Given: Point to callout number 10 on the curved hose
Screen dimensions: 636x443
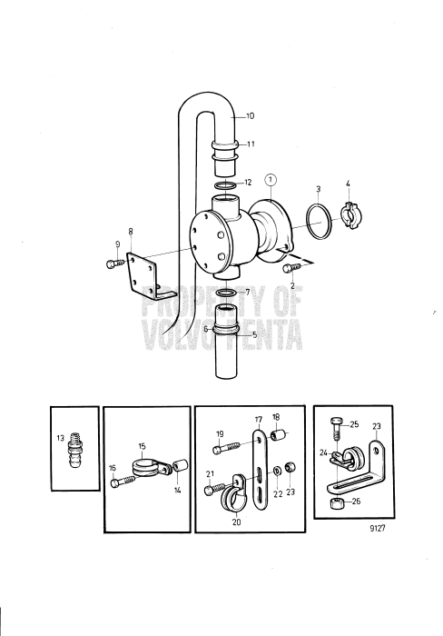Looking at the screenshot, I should tap(251, 116).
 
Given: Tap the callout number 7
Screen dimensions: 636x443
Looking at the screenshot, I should tap(248, 293).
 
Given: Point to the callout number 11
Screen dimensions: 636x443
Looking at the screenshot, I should tap(251, 144).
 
